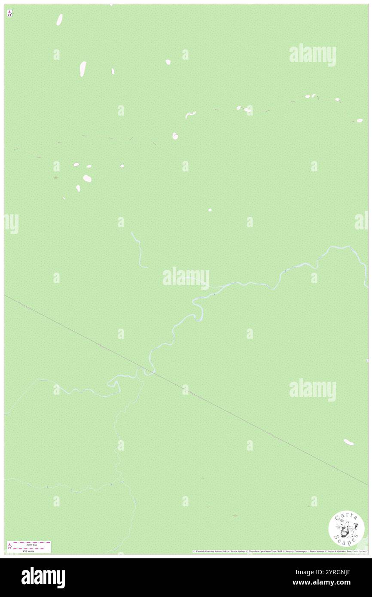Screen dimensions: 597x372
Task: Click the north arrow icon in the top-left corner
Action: pyautogui.click(x=9, y=13)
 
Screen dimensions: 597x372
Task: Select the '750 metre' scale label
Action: pyautogui.click(x=28, y=551)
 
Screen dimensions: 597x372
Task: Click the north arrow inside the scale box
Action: pyautogui.click(x=9, y=546)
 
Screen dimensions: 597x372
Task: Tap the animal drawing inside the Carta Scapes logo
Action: pyautogui.click(x=346, y=527)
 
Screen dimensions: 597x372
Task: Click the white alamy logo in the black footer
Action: pyautogui.click(x=43, y=578)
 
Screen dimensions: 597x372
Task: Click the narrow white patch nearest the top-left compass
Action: pyautogui.click(x=59, y=19)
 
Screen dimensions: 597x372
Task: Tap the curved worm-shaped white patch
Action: pyautogui.click(x=190, y=114)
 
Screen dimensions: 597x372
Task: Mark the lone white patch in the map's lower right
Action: pyautogui.click(x=348, y=442)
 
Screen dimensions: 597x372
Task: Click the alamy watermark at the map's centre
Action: pyautogui.click(x=186, y=277)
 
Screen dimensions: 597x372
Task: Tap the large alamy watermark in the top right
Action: pyautogui.click(x=312, y=55)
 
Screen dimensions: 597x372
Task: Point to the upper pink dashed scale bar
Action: pyautogui.click(x=29, y=542)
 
